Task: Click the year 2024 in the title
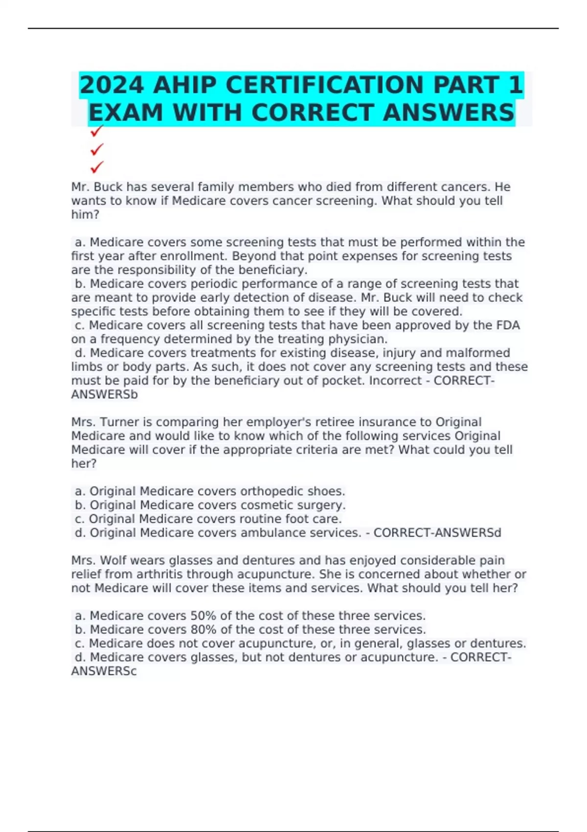(x=112, y=85)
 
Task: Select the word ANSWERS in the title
(x=449, y=113)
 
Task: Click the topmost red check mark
(x=97, y=131)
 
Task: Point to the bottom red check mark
(x=97, y=167)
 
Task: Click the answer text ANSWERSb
(x=104, y=394)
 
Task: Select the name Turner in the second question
(x=119, y=422)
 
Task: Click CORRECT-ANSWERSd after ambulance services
(x=437, y=532)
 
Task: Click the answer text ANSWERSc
(x=104, y=671)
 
